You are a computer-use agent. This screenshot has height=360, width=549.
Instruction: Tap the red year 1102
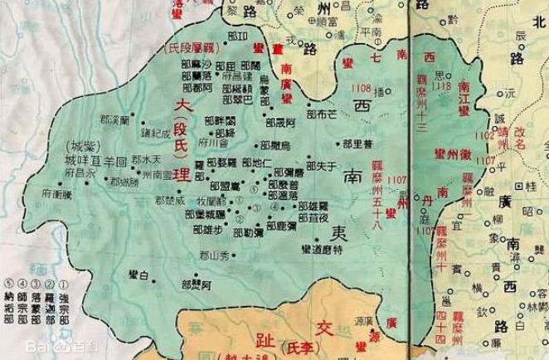pyautogui.click(x=483, y=134)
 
